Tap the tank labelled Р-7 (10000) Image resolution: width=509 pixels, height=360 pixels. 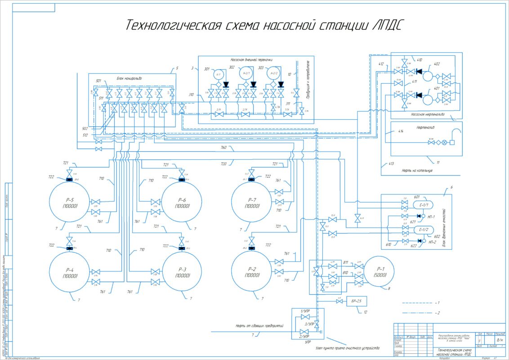(252, 202)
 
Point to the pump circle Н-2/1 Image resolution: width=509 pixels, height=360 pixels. (246, 72)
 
